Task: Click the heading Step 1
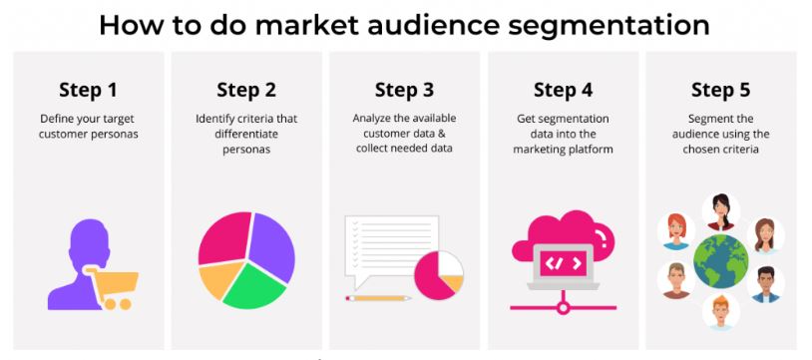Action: (88, 90)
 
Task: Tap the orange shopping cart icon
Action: (113, 288)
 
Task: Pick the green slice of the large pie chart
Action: (253, 286)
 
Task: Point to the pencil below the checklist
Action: (378, 298)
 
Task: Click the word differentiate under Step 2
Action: (246, 135)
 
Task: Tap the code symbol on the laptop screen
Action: (563, 263)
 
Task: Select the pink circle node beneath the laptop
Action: (563, 308)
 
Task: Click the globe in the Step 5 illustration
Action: (721, 261)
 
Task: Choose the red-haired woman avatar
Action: (676, 230)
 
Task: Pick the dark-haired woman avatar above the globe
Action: (721, 211)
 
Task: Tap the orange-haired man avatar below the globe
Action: (721, 311)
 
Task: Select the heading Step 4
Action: (563, 90)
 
